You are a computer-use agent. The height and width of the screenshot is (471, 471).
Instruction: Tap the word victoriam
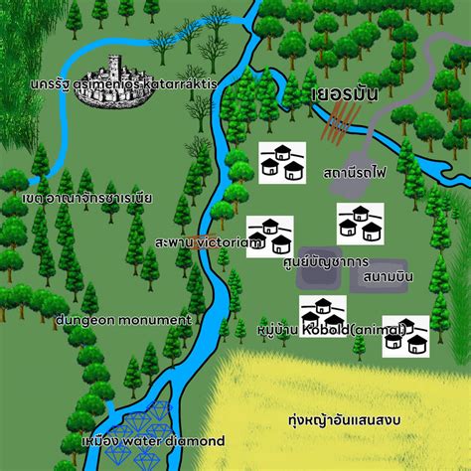pos(229,241)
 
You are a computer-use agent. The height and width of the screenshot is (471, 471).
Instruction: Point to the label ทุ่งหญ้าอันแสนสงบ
pos(343,420)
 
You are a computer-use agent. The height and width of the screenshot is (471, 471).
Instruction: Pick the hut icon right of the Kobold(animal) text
pos(405,335)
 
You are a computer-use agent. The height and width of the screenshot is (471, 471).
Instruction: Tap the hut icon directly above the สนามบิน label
pos(359,223)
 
